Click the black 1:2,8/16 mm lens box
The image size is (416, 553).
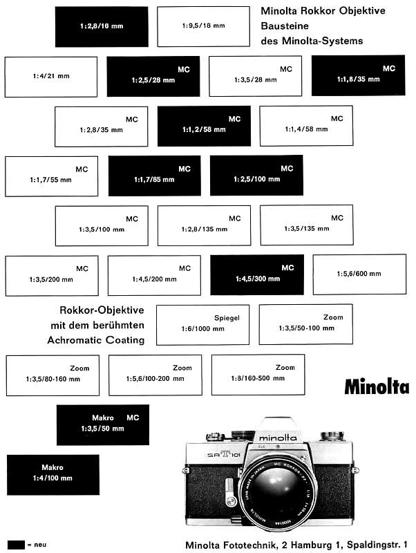click(x=102, y=26)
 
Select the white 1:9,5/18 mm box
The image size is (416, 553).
click(x=204, y=26)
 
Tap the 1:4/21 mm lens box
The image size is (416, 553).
click(x=51, y=77)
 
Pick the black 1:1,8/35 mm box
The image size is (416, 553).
click(x=358, y=76)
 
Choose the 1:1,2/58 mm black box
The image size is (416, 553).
click(x=204, y=126)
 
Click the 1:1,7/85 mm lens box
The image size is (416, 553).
click(x=154, y=176)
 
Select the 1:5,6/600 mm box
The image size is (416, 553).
click(x=359, y=274)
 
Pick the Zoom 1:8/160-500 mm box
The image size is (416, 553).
click(x=258, y=375)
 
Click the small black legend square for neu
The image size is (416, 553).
click(x=15, y=544)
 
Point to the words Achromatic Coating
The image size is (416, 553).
click(x=96, y=340)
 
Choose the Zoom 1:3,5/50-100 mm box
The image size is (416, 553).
click(x=305, y=324)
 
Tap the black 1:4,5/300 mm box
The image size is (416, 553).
click(x=256, y=274)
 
